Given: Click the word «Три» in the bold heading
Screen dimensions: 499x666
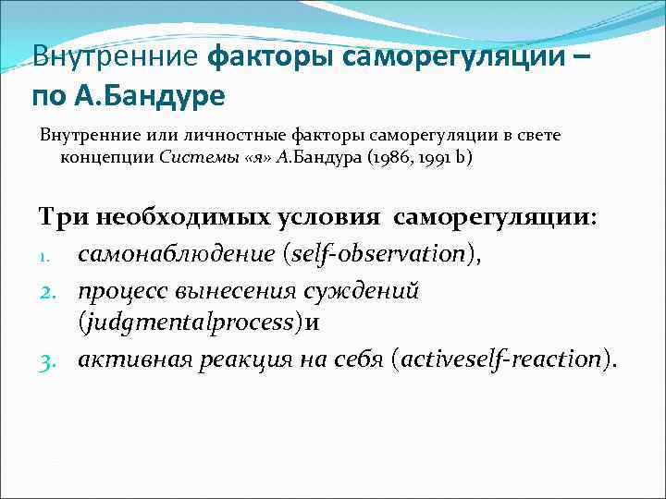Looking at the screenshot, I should pyautogui.click(x=61, y=217).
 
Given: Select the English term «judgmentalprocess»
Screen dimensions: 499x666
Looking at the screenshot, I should pyautogui.click(x=203, y=323).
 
